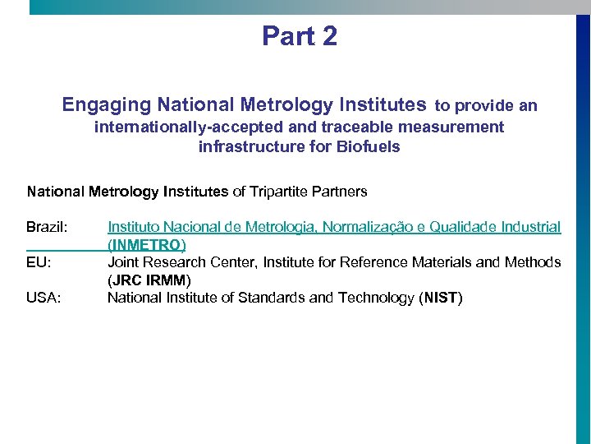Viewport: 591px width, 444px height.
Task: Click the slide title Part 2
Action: [x=300, y=36]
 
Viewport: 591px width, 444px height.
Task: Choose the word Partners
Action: [x=343, y=192]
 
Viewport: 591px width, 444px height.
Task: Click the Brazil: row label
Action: [x=47, y=227]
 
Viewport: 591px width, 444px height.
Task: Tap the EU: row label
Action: [x=39, y=262]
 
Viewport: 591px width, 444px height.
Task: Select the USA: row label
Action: [x=44, y=298]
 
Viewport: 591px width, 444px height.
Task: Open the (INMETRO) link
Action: [x=147, y=245]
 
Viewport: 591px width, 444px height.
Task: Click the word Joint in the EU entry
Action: [x=123, y=262]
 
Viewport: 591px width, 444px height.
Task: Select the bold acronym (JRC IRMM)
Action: [x=149, y=280]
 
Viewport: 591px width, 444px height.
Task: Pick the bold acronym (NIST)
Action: [x=442, y=298]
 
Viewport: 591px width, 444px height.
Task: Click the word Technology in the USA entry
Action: [x=373, y=298]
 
